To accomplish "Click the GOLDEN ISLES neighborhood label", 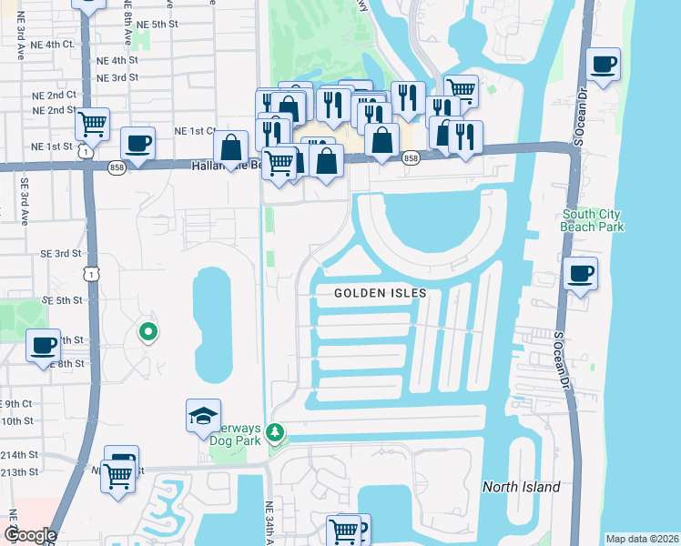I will [x=380, y=293].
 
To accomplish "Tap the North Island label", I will [x=521, y=487].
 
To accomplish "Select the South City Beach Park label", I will [x=593, y=220].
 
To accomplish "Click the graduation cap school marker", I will [x=203, y=417].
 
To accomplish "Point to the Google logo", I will [x=29, y=535].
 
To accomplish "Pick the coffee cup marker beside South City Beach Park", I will [x=580, y=272].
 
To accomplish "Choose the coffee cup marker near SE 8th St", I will [x=44, y=346].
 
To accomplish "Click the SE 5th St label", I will [x=61, y=299].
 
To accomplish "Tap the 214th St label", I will [x=20, y=454].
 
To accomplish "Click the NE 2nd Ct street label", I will [x=54, y=95].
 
